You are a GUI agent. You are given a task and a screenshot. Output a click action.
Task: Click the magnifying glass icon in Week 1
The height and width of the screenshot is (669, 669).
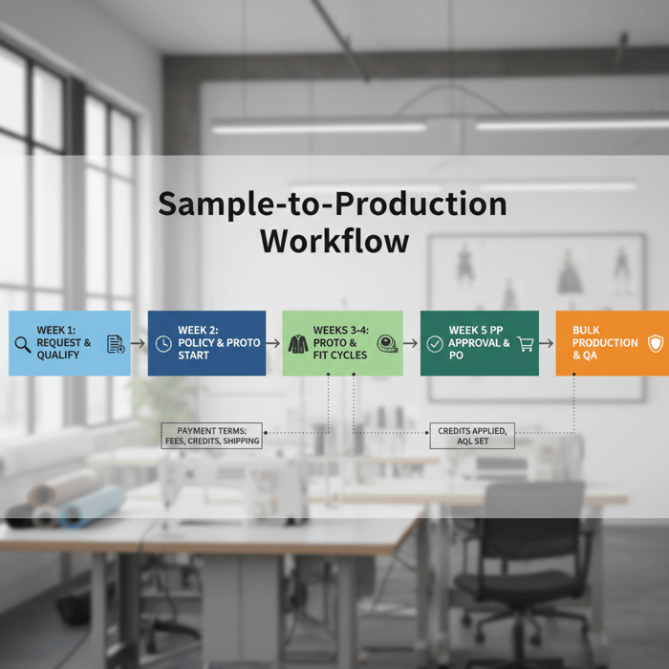tap(23, 344)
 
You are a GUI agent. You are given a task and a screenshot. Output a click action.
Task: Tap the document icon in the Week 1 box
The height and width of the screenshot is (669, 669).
tap(115, 344)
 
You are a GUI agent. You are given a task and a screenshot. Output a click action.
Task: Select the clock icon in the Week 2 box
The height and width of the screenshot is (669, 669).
tap(163, 343)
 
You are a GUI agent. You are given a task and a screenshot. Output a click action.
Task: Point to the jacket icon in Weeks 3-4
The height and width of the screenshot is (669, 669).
tap(298, 344)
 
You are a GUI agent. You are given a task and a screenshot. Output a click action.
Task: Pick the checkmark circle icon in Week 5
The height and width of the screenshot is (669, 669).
tap(435, 343)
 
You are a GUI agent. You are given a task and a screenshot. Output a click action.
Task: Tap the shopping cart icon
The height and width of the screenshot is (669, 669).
tap(525, 343)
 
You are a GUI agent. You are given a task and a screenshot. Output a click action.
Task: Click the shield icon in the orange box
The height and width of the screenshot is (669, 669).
tap(655, 343)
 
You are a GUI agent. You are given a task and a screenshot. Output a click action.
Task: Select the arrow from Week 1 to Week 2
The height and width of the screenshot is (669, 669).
tap(139, 343)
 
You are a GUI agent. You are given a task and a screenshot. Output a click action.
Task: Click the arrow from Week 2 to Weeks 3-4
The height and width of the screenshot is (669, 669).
tap(273, 343)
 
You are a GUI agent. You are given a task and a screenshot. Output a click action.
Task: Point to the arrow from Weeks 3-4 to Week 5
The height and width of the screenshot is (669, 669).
tap(411, 343)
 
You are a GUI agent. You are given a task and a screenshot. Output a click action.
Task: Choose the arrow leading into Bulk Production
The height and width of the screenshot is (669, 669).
tap(547, 343)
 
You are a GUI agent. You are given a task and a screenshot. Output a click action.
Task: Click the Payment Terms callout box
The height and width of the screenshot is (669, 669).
tap(212, 436)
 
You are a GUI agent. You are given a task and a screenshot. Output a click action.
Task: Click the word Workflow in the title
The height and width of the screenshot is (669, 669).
tap(334, 240)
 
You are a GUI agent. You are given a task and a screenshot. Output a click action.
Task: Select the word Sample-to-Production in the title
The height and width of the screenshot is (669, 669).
tap(332, 204)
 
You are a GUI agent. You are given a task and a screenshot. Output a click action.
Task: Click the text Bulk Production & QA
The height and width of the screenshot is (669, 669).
tap(605, 343)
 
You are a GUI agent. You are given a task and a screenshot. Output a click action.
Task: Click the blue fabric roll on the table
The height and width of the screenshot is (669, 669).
tap(91, 507)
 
